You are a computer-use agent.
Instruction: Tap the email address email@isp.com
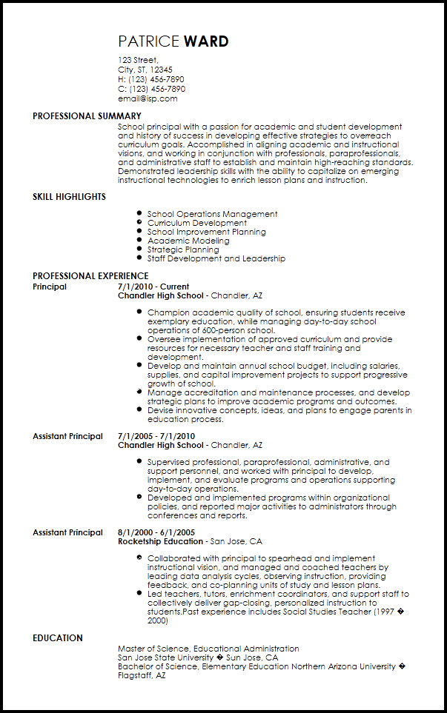tap(148, 98)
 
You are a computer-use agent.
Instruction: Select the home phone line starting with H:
tap(151, 79)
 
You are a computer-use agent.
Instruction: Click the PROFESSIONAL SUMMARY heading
tap(87, 116)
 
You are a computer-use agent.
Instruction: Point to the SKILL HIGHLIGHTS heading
tap(69, 197)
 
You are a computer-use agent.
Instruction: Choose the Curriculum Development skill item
tap(196, 223)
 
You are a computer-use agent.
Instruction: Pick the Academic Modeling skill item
tap(188, 241)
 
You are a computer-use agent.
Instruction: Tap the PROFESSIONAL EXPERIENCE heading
tap(90, 276)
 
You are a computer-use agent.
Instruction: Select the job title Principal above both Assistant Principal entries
tap(50, 287)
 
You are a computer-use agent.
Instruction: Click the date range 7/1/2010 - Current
tap(153, 287)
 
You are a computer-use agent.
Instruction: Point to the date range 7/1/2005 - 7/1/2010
tap(156, 436)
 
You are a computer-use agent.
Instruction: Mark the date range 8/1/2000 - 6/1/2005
tap(156, 532)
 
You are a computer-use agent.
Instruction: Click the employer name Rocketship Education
tap(160, 541)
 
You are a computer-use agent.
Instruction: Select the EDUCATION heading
tap(58, 638)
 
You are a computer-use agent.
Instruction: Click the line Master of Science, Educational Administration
tap(208, 649)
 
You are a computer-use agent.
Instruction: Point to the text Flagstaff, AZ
tap(141, 675)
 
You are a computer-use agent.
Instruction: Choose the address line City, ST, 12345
tap(145, 70)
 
